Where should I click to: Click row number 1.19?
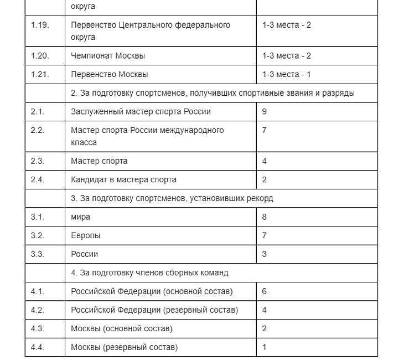pos(40,25)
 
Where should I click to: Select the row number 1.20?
pos(40,56)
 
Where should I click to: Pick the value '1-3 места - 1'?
pos(287,74)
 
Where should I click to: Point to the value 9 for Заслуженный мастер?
pos(265,111)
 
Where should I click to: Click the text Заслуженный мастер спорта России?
pos(141,111)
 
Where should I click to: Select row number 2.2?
pos(38,130)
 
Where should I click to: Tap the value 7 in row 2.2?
pos(265,130)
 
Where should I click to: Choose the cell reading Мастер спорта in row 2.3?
pos(99,161)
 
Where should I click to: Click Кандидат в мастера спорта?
pos(123,179)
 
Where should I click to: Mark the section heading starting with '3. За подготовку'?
pos(172,198)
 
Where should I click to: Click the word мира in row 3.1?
pos(81,217)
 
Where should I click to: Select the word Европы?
pos(86,235)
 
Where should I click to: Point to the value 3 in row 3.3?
pos(265,254)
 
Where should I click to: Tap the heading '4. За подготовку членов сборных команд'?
pos(149,272)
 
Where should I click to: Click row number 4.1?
pos(38,291)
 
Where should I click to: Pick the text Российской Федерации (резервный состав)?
pos(154,310)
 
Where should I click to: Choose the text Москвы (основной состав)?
pos(122,328)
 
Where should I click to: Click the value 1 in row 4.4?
pos(265,347)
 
